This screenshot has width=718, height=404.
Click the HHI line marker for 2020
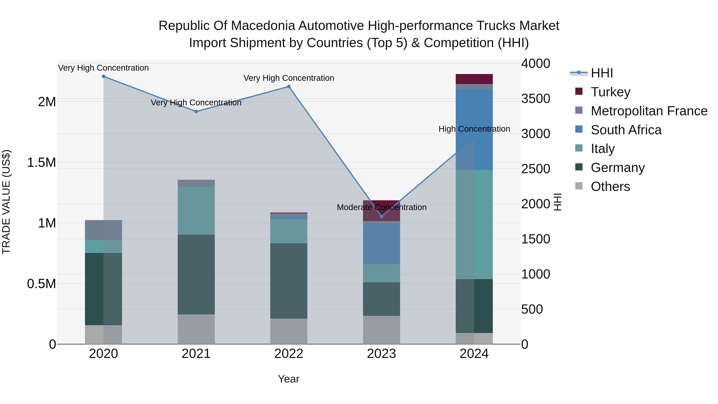click(x=103, y=76)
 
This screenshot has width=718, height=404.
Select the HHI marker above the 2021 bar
click(x=196, y=112)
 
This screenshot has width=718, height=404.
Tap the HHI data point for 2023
click(x=382, y=216)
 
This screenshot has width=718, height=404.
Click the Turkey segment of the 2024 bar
click(x=474, y=79)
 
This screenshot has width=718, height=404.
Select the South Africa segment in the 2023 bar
click(x=381, y=244)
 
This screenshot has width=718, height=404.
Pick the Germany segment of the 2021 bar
click(x=196, y=275)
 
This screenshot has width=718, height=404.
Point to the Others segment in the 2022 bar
click(x=289, y=331)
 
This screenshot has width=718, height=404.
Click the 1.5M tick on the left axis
click(x=41, y=163)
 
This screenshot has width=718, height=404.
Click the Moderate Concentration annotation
click(x=382, y=207)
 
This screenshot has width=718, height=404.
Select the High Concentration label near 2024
click(x=474, y=129)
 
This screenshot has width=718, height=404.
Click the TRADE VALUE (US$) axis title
click(x=6, y=202)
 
